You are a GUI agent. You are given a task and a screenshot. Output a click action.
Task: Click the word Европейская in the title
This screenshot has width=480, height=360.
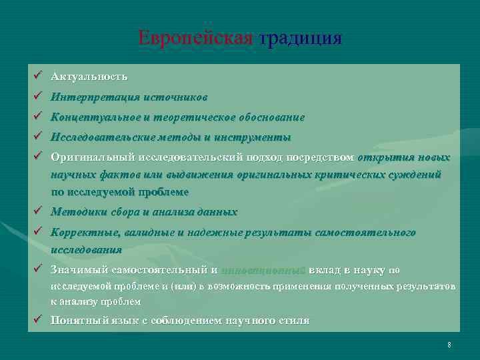pyautogui.click(x=195, y=37)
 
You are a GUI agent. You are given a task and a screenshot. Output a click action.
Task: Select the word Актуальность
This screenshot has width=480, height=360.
pyautogui.click(x=89, y=77)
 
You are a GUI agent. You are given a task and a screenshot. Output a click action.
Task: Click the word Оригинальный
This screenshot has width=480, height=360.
pyautogui.click(x=93, y=158)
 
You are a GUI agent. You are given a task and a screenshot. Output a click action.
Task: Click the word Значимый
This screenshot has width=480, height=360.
pyautogui.click(x=79, y=270)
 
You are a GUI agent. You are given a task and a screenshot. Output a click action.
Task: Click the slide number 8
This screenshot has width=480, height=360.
pyautogui.click(x=449, y=345)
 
